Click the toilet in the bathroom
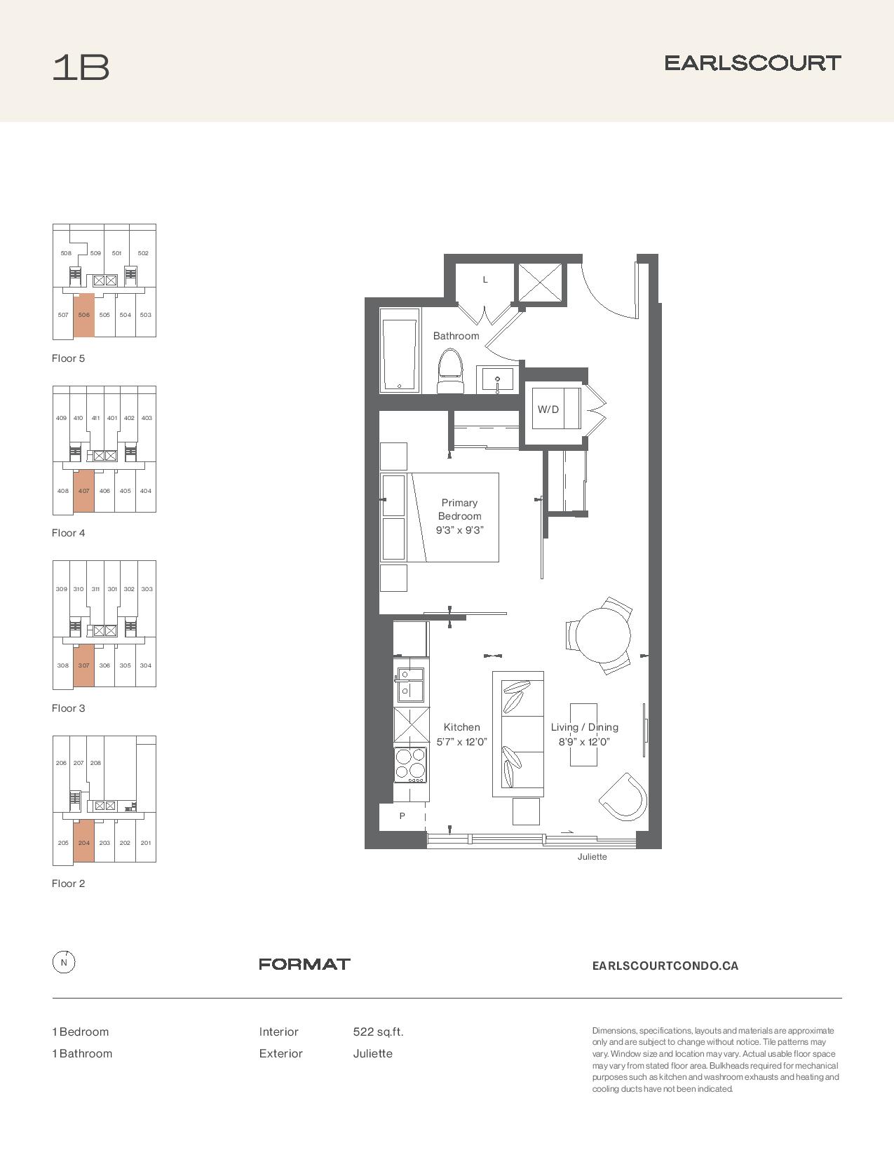(450, 371)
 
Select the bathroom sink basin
(497, 379)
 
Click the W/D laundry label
(548, 410)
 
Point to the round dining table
(603, 635)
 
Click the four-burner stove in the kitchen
(410, 765)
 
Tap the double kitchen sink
(410, 682)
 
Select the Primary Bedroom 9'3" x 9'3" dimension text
(459, 516)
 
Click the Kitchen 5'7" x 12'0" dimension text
(461, 734)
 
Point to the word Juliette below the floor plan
(592, 857)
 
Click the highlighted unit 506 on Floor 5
(83, 315)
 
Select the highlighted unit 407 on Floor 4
(83, 491)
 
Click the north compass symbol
(64, 963)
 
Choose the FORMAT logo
(304, 964)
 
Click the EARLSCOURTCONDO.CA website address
(665, 966)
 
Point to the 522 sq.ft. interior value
(378, 1032)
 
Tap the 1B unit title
(81, 67)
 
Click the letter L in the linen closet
(485, 280)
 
